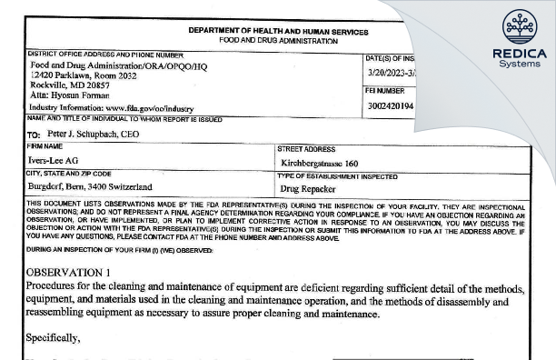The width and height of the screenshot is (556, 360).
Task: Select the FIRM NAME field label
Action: click(46, 146)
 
